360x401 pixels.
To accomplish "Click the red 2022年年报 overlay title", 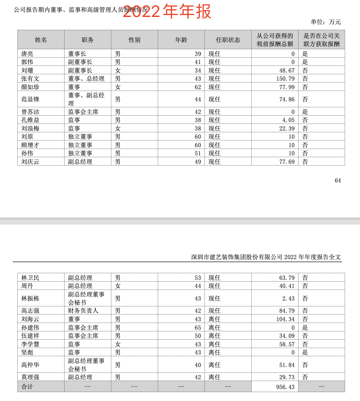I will point(167,11).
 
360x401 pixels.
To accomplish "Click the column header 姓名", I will point(41,40).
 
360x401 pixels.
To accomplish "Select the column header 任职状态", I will point(228,40).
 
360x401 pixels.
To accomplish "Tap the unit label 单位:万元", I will point(325,22).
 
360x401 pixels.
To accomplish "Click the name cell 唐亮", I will point(27,54).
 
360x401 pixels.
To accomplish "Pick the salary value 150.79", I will point(285,79).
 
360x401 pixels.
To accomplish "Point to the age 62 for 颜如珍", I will point(198,87).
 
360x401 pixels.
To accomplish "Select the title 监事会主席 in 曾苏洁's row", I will point(83,112).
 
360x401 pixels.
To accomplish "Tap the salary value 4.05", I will point(288,120).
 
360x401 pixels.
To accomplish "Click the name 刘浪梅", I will point(30,128).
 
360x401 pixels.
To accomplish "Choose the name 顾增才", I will point(30,145).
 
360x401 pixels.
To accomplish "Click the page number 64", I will point(338,180).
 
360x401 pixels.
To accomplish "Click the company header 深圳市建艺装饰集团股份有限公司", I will point(237,257).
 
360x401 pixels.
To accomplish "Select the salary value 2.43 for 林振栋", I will point(288,299).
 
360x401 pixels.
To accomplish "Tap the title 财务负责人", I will point(83,311).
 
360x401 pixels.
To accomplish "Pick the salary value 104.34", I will point(285,319).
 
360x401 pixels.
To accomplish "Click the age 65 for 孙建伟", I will point(198,328).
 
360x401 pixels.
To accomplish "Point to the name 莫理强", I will point(30,377).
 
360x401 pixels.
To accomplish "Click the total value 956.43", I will point(285,387).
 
